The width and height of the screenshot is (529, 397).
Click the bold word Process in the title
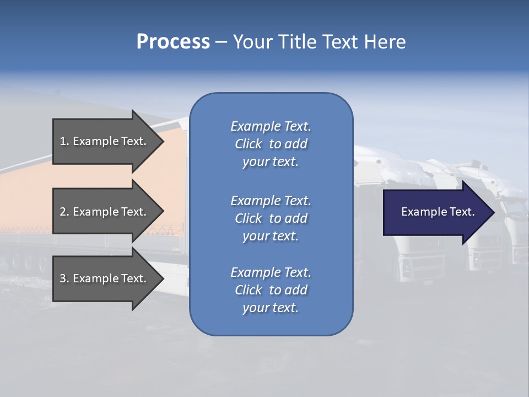(173, 42)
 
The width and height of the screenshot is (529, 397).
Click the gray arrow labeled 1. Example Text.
(105, 141)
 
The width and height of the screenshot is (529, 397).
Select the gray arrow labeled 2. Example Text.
(105, 212)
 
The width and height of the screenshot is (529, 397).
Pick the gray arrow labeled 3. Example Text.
(105, 278)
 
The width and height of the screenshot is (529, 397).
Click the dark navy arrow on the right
(435, 212)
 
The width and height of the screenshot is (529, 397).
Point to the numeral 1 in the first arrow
(63, 141)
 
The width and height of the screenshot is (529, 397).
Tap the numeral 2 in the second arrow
(63, 212)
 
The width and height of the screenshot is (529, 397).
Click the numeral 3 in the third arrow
(63, 278)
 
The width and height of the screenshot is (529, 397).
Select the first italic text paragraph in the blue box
(271, 144)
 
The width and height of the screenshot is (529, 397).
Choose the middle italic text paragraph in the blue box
(271, 218)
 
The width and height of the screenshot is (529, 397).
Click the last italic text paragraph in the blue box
(271, 290)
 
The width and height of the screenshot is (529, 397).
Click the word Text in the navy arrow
(462, 212)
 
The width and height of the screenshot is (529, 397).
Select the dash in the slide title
(221, 42)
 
